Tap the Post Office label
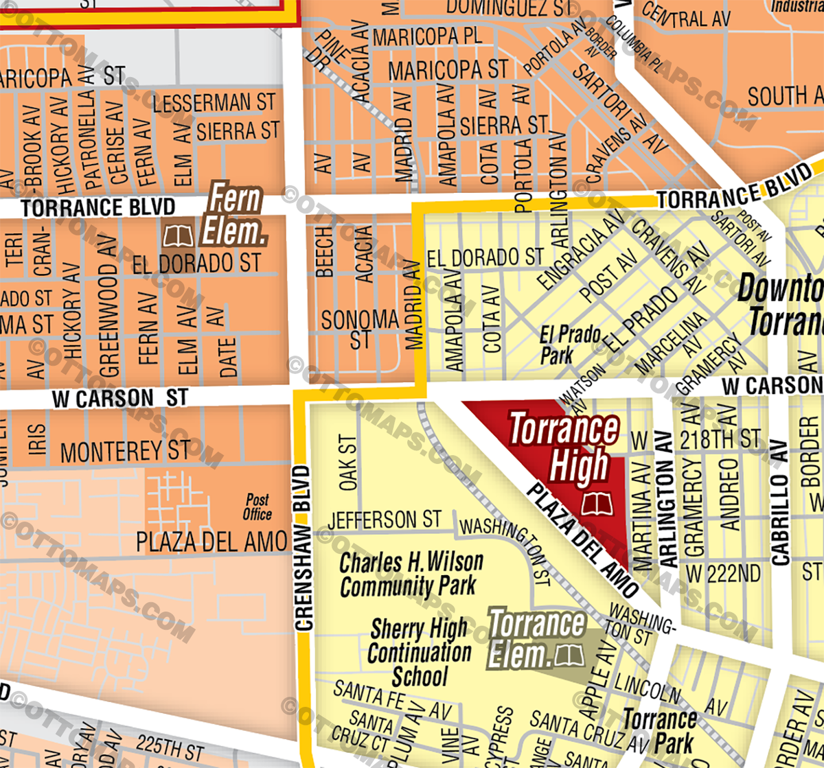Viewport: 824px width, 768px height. [257, 507]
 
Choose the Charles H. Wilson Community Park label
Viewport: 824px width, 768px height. [411, 574]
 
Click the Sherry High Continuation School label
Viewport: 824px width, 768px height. [419, 652]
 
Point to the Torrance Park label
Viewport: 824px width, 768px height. [659, 731]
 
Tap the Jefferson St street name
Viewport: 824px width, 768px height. [384, 520]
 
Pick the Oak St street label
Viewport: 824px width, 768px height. [349, 463]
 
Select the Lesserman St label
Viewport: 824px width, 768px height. [214, 103]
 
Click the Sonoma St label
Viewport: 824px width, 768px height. [360, 329]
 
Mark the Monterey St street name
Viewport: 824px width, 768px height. [125, 451]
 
